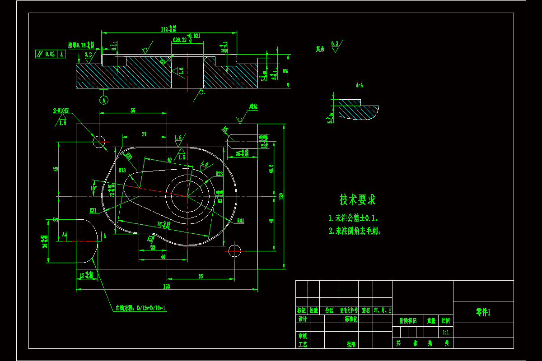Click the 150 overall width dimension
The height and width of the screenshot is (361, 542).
coord(167,287)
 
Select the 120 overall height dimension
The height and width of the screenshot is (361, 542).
coord(281,196)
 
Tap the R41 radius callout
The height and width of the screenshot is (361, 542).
coord(240,221)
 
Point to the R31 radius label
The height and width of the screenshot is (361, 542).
coord(93,210)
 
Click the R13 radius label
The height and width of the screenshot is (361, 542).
coord(122,170)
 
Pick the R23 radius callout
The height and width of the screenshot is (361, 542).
coord(220,174)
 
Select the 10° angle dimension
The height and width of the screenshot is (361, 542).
coord(94,187)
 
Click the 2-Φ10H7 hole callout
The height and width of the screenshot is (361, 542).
coord(61,111)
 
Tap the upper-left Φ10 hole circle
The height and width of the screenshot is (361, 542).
coord(99,142)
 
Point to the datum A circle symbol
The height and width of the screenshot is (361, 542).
coord(104,99)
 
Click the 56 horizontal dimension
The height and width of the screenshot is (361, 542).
coord(133,110)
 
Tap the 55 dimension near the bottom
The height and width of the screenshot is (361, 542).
coord(201,276)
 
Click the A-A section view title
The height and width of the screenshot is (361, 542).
coord(360,84)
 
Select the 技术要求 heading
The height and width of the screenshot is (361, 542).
coord(357,199)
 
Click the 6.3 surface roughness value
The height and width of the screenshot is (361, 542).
coord(335,43)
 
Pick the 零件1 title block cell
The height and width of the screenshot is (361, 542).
coord(483,312)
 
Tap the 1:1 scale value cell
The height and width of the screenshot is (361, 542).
coord(446,332)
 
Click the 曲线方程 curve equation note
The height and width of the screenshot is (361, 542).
coord(140,308)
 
